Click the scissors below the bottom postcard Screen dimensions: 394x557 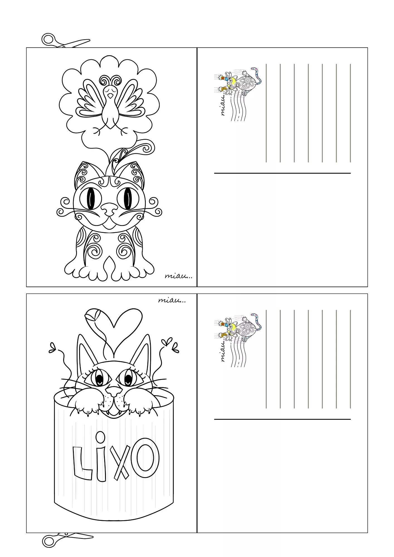click(x=67, y=540)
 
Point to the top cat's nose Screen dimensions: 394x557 click(x=110, y=208)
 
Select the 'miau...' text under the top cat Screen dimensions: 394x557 click(x=178, y=276)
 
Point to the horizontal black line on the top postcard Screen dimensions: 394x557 click(x=282, y=173)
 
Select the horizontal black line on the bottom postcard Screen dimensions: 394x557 click(x=282, y=419)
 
